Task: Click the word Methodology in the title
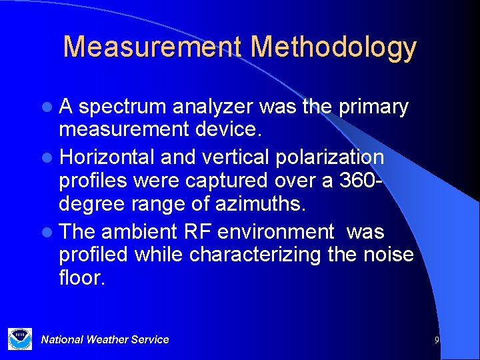[x=333, y=47]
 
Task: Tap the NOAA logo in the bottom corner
[x=19, y=338]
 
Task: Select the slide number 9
[x=437, y=340]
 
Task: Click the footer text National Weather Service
[x=105, y=339]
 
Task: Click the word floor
[x=81, y=277]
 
